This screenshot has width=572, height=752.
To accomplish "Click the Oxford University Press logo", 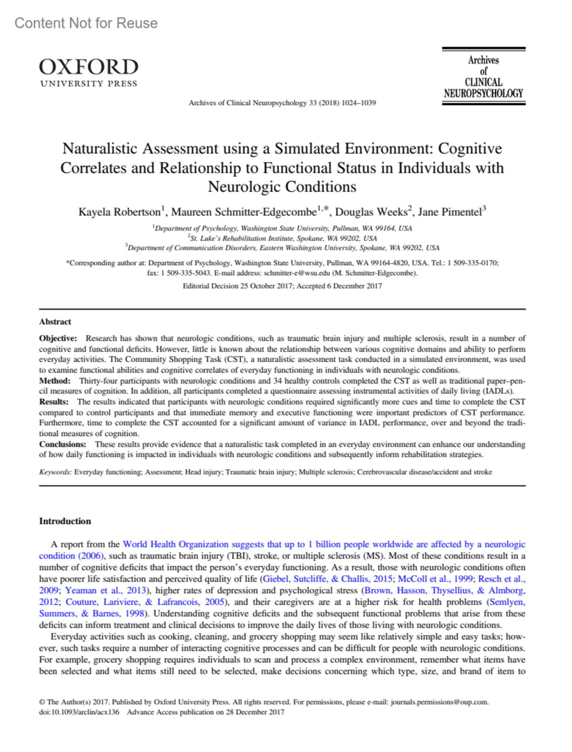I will (89, 72).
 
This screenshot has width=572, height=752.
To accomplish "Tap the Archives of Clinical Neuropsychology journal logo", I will (483, 76).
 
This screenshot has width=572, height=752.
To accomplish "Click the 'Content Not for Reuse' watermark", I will (86, 23).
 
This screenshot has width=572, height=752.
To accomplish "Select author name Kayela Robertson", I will (120, 212).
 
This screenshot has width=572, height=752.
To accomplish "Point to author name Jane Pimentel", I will (450, 212).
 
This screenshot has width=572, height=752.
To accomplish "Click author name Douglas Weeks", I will (371, 212).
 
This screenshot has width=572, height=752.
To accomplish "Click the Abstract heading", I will (55, 322).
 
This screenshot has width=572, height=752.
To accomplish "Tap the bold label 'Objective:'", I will (58, 338).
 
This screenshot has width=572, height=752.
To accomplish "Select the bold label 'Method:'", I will (54, 381).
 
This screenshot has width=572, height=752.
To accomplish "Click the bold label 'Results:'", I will (53, 402).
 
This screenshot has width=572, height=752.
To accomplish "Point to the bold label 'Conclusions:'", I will (62, 444).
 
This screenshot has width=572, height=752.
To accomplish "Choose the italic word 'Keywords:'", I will (55, 472).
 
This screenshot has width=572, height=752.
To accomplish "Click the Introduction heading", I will (65, 521).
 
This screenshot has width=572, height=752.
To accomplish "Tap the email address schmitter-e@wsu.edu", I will (296, 273).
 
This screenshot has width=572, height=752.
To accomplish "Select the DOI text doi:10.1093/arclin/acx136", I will (79, 712).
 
